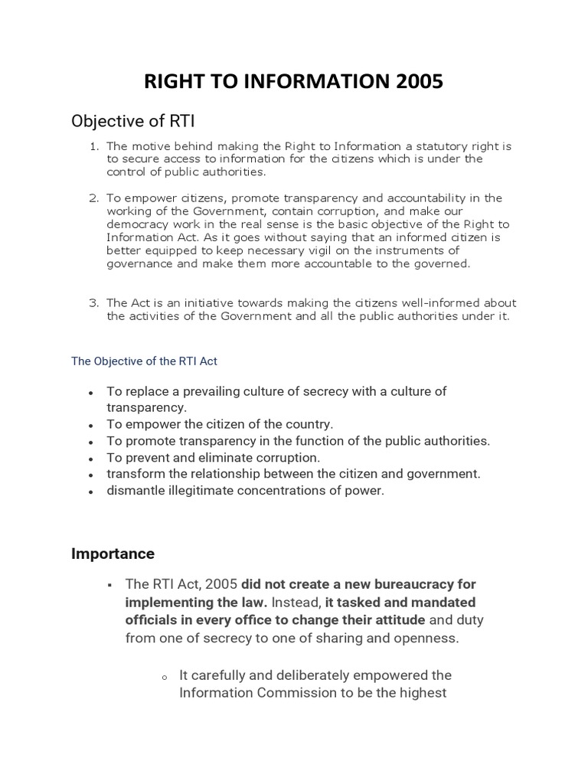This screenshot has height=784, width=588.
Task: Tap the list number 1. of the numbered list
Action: (x=95, y=146)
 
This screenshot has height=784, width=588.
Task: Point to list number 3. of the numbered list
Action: (x=95, y=303)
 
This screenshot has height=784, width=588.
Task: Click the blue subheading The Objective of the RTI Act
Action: (x=145, y=361)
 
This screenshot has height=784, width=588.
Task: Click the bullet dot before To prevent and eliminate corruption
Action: (x=91, y=459)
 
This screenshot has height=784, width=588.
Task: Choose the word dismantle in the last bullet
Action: (x=136, y=492)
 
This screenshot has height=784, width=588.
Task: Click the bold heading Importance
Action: (x=113, y=554)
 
